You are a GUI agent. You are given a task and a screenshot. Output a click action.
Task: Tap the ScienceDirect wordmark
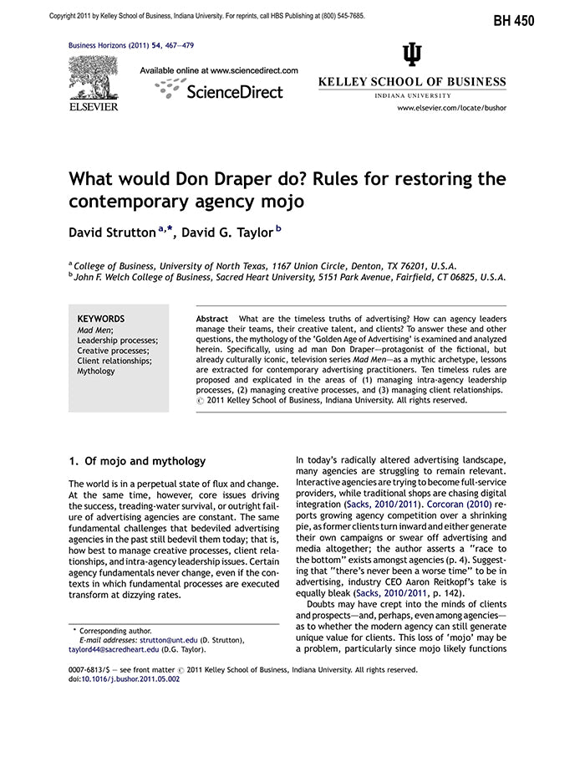(x=235, y=91)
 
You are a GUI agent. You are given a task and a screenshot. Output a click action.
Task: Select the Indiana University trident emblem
(x=412, y=55)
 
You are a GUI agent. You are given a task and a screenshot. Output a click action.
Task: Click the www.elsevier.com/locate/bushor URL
(x=451, y=108)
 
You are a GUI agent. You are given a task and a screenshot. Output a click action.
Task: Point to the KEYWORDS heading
(x=100, y=319)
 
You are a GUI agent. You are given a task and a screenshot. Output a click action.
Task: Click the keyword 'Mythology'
(x=96, y=371)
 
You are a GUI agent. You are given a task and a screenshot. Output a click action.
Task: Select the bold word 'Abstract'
(x=211, y=320)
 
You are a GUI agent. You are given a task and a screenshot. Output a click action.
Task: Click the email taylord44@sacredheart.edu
(x=114, y=649)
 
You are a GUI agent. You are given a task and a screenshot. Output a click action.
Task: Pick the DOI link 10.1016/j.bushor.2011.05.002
(x=130, y=679)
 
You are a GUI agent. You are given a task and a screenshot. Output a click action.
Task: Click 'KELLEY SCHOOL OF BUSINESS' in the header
(x=412, y=82)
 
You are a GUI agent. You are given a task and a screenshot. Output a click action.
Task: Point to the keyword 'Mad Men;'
(x=94, y=330)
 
